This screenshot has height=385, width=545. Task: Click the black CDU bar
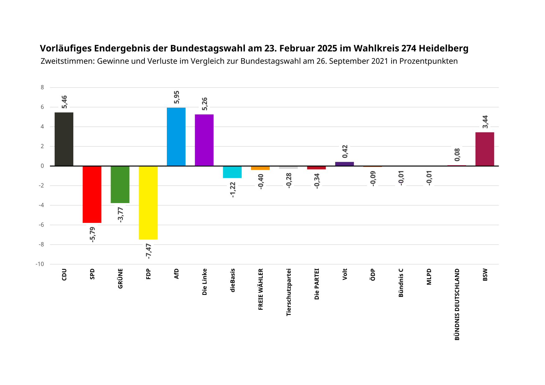click(64, 139)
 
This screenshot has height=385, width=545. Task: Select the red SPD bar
click(92, 194)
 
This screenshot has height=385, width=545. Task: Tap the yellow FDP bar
click(148, 202)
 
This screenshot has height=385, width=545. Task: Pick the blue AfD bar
click(176, 137)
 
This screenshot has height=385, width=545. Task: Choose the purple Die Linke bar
click(204, 140)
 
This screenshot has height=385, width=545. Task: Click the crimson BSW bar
click(485, 149)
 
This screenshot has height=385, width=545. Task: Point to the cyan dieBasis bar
click(232, 172)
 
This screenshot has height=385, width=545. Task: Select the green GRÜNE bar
click(120, 184)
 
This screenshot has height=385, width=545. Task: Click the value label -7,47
click(149, 251)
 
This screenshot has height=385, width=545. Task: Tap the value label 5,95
click(176, 97)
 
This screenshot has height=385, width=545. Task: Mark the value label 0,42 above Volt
click(345, 151)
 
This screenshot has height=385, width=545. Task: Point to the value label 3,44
click(485, 122)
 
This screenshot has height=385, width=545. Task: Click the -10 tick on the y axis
click(40, 264)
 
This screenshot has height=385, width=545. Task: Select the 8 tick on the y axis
click(42, 88)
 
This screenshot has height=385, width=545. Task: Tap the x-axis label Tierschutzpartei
click(289, 292)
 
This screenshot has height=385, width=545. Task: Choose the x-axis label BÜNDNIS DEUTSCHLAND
click(457, 305)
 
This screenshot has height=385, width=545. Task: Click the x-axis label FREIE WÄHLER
click(261, 289)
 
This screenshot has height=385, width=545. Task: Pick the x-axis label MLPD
click(429, 277)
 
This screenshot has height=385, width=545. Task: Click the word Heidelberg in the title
click(443, 48)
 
